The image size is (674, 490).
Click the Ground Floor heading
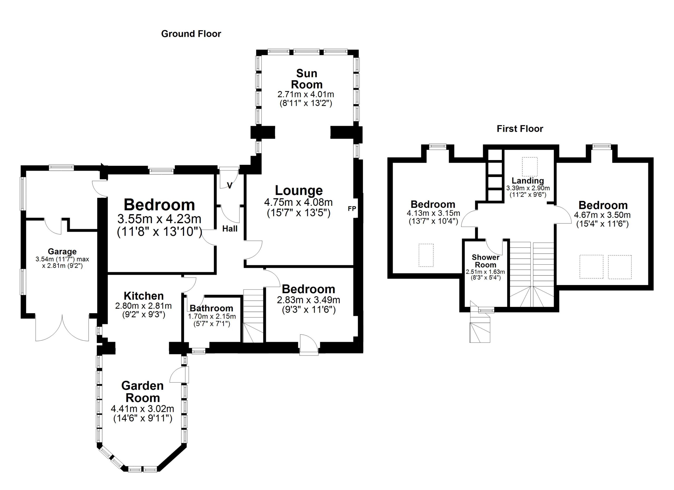191,34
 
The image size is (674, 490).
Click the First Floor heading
520,129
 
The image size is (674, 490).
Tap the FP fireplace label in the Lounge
352,208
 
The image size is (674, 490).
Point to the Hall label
230,228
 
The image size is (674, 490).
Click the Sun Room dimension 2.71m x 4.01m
306,94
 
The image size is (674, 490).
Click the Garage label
62,252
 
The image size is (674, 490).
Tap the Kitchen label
143,296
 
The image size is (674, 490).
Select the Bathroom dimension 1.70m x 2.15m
212,317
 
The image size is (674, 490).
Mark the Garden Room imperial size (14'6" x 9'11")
143,418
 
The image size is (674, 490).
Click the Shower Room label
485,261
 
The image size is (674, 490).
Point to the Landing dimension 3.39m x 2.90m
528,188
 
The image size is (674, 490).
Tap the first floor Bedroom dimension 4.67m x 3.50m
602,215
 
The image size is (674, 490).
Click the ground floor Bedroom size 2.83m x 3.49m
309,300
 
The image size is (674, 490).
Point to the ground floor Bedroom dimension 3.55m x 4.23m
159,219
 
